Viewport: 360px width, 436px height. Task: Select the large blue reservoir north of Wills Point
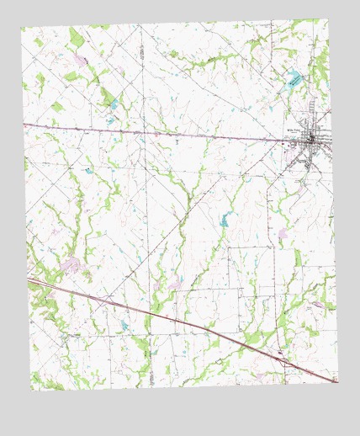pos(294,81)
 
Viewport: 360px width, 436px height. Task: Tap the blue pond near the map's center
pos(225,221)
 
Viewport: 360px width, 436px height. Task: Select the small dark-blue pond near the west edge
pos(87,171)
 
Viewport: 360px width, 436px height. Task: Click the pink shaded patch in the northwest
pos(80,61)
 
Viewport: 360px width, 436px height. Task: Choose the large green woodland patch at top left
pos(77,38)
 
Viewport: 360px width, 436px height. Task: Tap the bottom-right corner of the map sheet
pos(339,383)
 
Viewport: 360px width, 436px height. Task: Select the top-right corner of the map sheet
pos(328,19)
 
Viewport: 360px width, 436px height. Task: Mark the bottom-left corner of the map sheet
pos(32,391)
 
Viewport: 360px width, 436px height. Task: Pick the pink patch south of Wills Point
pos(284,231)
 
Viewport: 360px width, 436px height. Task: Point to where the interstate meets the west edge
pos(28,276)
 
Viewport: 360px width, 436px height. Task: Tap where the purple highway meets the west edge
pos(24,125)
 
